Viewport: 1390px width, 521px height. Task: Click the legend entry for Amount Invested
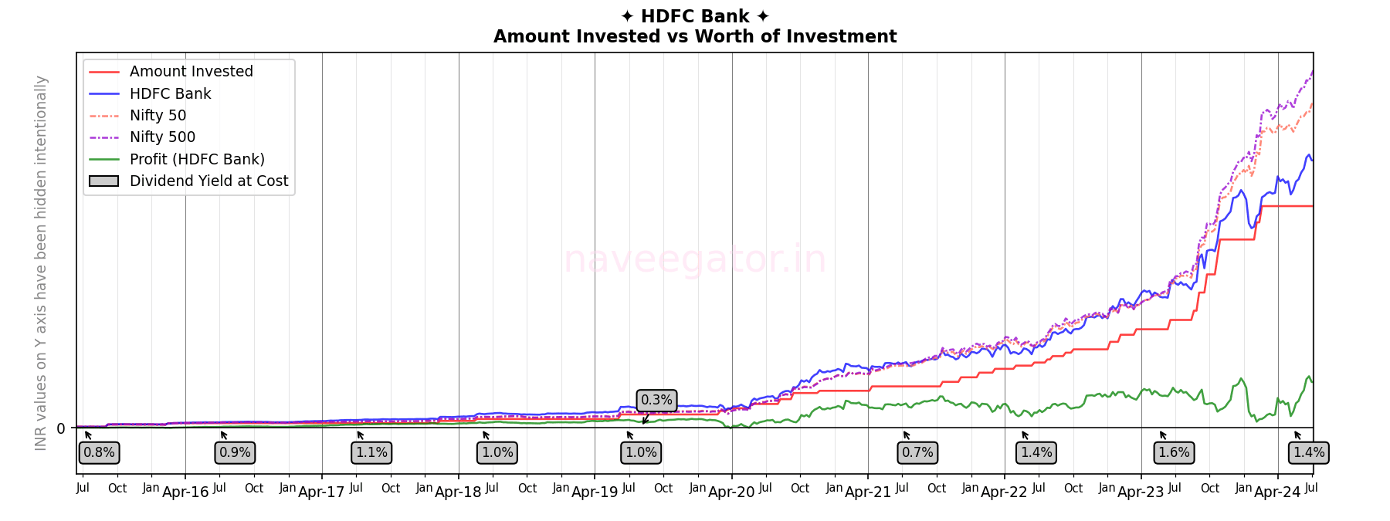point(191,72)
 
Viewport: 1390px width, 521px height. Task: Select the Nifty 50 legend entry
point(158,116)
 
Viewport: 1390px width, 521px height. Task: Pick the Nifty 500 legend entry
point(162,137)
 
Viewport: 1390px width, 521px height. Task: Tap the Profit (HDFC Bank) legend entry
point(197,159)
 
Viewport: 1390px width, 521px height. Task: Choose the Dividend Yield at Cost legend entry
point(208,181)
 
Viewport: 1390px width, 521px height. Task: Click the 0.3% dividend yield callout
point(656,400)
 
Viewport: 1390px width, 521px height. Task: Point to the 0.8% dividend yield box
point(99,452)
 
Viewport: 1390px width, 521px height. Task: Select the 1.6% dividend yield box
point(1174,452)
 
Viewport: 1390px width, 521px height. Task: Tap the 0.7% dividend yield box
point(917,452)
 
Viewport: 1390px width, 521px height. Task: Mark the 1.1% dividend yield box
point(371,452)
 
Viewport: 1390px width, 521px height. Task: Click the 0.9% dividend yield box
point(235,452)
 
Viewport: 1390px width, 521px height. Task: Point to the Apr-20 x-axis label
point(731,492)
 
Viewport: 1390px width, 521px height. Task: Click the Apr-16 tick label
point(185,492)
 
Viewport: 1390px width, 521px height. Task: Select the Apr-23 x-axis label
point(1141,492)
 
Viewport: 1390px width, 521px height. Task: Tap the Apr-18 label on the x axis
point(458,492)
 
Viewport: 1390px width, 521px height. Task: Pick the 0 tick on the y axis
point(61,428)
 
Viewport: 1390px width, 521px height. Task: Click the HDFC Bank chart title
point(695,16)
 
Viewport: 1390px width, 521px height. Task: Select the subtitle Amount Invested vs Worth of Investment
point(695,36)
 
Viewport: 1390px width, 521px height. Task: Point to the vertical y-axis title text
point(41,262)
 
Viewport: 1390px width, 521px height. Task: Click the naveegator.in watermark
point(694,259)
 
